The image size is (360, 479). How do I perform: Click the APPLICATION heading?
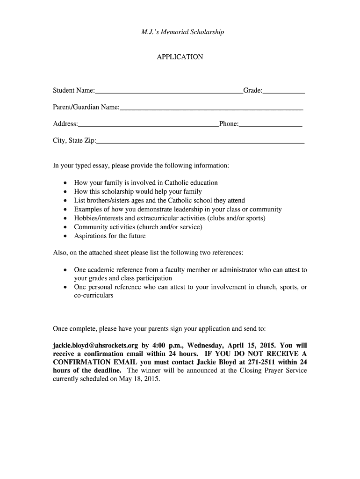coord(180,57)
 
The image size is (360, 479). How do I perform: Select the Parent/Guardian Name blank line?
coord(211,110)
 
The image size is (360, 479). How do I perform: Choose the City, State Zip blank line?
coord(201,142)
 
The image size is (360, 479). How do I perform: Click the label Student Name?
coord(74,90)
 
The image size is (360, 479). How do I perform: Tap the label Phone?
coord(228,124)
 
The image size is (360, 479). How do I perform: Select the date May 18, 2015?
coord(140,379)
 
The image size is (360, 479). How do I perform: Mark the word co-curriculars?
coord(94,296)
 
